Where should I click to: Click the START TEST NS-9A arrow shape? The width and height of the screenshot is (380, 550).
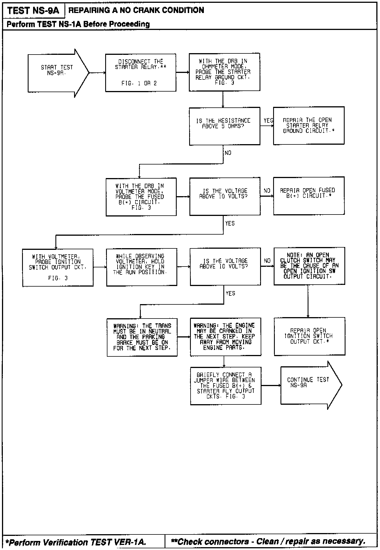57,73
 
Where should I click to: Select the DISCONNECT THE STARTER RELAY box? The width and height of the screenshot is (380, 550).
141,73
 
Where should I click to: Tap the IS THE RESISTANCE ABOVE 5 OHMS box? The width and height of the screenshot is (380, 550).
224,126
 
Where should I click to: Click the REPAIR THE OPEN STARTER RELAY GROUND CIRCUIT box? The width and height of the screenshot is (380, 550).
308,125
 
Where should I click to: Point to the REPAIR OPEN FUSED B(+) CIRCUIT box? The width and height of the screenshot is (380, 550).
308,196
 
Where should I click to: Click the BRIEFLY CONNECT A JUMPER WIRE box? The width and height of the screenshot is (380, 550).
225,386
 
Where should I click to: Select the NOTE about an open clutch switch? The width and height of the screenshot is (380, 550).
309,266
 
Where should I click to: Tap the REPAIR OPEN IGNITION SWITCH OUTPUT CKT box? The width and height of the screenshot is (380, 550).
309,336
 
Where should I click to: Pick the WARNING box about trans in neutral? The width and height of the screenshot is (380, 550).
142,337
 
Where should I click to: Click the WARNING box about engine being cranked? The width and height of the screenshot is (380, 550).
225,337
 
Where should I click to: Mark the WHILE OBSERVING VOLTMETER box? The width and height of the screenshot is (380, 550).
141,267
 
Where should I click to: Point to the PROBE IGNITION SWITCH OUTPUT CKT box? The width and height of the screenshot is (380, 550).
58,267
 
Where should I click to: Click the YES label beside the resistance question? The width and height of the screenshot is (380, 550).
268,121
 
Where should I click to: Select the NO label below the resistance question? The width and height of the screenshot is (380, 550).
228,153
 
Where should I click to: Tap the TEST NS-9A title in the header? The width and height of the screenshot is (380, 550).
33,10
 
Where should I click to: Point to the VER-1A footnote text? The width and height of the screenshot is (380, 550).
76,542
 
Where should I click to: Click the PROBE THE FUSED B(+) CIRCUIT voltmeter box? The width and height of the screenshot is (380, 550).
141,197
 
